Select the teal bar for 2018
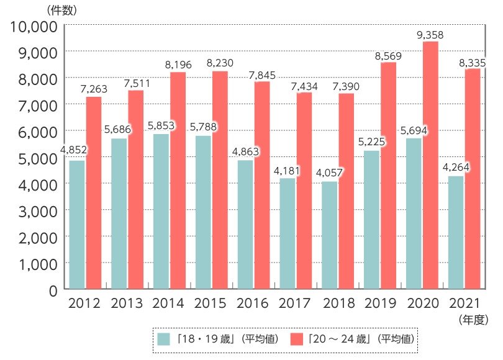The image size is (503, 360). pyautogui.click(x=329, y=235)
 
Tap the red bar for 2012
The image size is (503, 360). pyautogui.click(x=94, y=192)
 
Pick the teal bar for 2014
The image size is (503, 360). pyautogui.click(x=161, y=211)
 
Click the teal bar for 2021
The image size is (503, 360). pyautogui.click(x=455, y=233)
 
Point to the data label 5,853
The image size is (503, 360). pyautogui.click(x=161, y=126)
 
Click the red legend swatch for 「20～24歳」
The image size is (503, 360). pyautogui.click(x=297, y=339)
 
